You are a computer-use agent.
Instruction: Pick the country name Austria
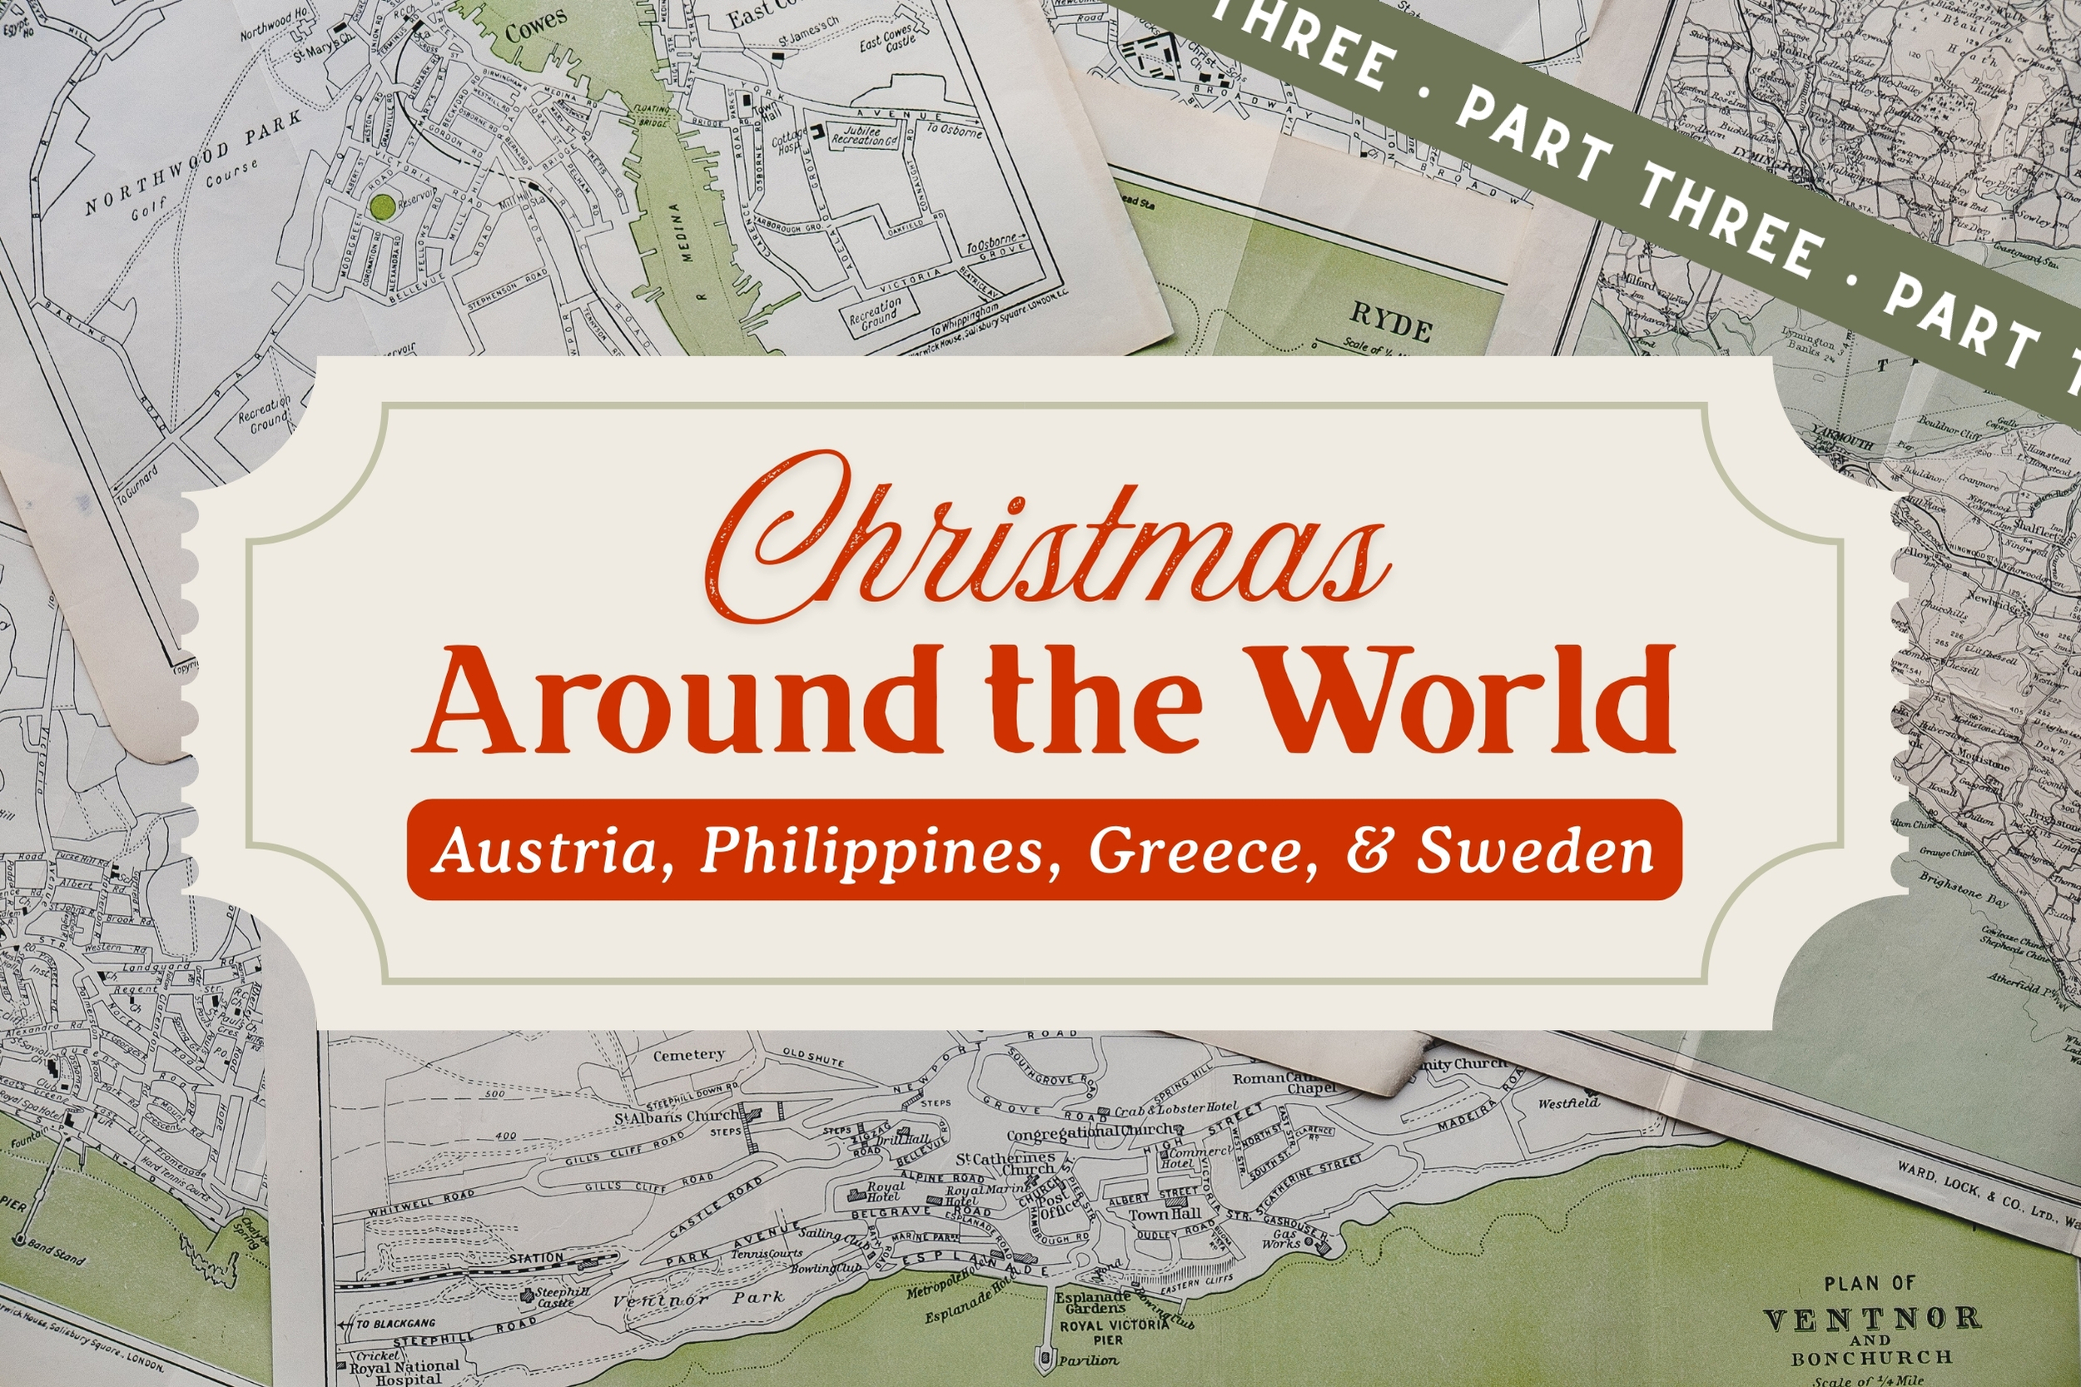pyautogui.click(x=549, y=850)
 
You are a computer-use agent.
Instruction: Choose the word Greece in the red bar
pyautogui.click(x=1203, y=850)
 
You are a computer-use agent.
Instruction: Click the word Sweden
pyautogui.click(x=1535, y=850)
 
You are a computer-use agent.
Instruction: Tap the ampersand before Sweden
pyautogui.click(x=1368, y=850)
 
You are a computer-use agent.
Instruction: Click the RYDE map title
pyautogui.click(x=1391, y=323)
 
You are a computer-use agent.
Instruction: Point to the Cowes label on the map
pyautogui.click(x=536, y=27)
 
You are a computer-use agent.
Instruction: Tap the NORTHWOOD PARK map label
pyautogui.click(x=194, y=164)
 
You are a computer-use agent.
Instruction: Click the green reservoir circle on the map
pyautogui.click(x=383, y=207)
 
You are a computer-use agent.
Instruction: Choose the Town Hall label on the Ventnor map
pyautogui.click(x=1164, y=1215)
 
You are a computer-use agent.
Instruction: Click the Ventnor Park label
pyautogui.click(x=698, y=1299)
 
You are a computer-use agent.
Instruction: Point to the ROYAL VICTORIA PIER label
pyautogui.click(x=1115, y=1332)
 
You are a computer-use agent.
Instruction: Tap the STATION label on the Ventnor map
pyautogui.click(x=536, y=1257)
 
